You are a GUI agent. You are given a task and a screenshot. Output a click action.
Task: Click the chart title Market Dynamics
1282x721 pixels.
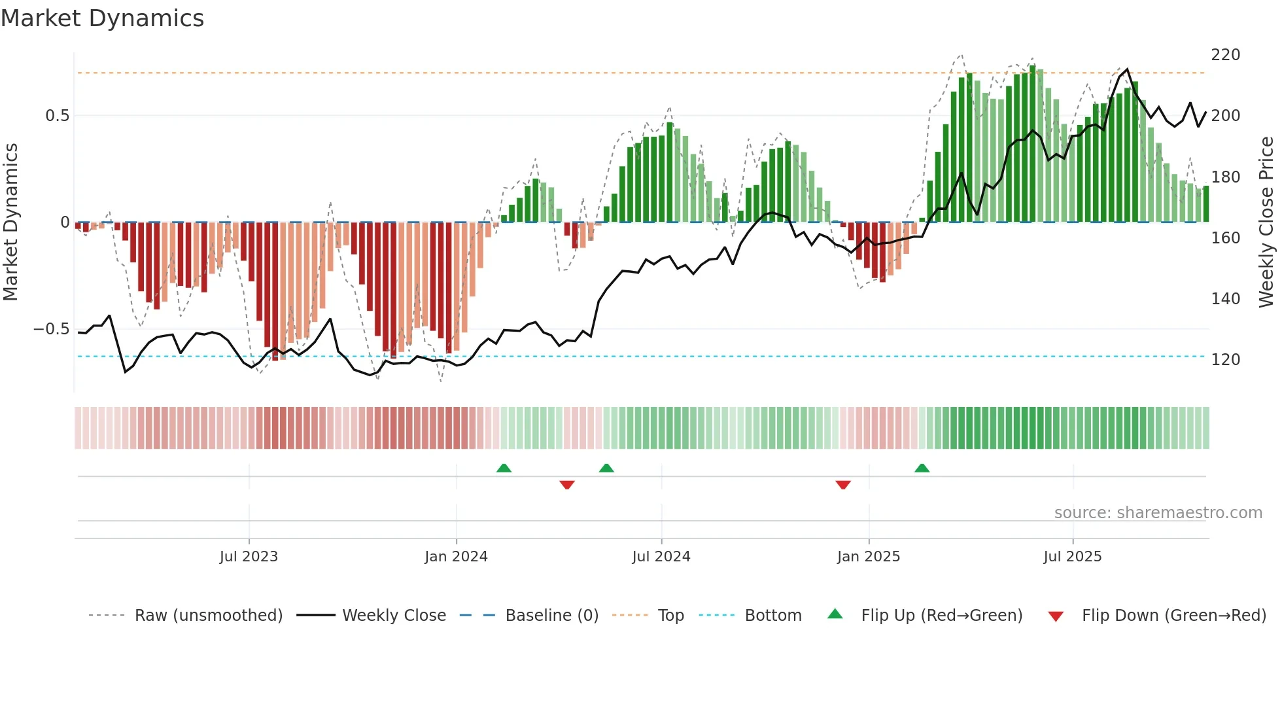tap(103, 18)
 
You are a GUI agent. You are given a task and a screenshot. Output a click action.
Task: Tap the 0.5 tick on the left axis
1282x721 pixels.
tap(57, 116)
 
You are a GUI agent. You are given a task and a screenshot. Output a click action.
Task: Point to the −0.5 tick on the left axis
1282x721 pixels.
tap(51, 329)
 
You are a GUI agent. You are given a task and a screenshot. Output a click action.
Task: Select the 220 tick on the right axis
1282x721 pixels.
tap(1225, 55)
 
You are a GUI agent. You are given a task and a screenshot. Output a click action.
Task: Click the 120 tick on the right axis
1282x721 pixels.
tap(1225, 360)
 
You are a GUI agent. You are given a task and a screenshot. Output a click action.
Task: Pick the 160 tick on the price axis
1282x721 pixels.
tap(1225, 238)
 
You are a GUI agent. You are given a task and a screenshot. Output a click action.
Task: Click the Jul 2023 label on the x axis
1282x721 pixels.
tap(249, 557)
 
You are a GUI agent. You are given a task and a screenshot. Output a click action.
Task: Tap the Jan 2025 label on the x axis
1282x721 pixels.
tap(868, 557)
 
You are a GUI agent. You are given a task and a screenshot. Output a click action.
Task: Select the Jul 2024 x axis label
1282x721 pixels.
tap(661, 557)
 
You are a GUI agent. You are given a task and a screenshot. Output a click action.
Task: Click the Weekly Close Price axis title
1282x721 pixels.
tap(1266, 222)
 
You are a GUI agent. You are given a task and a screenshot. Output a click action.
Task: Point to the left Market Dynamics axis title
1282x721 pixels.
tap(11, 222)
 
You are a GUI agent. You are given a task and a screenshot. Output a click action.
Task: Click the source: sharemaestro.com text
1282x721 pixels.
tap(1158, 513)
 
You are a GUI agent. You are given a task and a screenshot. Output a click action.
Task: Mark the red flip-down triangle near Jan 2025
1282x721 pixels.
tap(843, 485)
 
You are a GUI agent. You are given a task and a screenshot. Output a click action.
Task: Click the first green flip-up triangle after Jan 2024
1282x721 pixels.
tap(504, 468)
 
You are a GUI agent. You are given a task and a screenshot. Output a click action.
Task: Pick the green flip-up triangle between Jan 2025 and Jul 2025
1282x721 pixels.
tap(922, 468)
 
